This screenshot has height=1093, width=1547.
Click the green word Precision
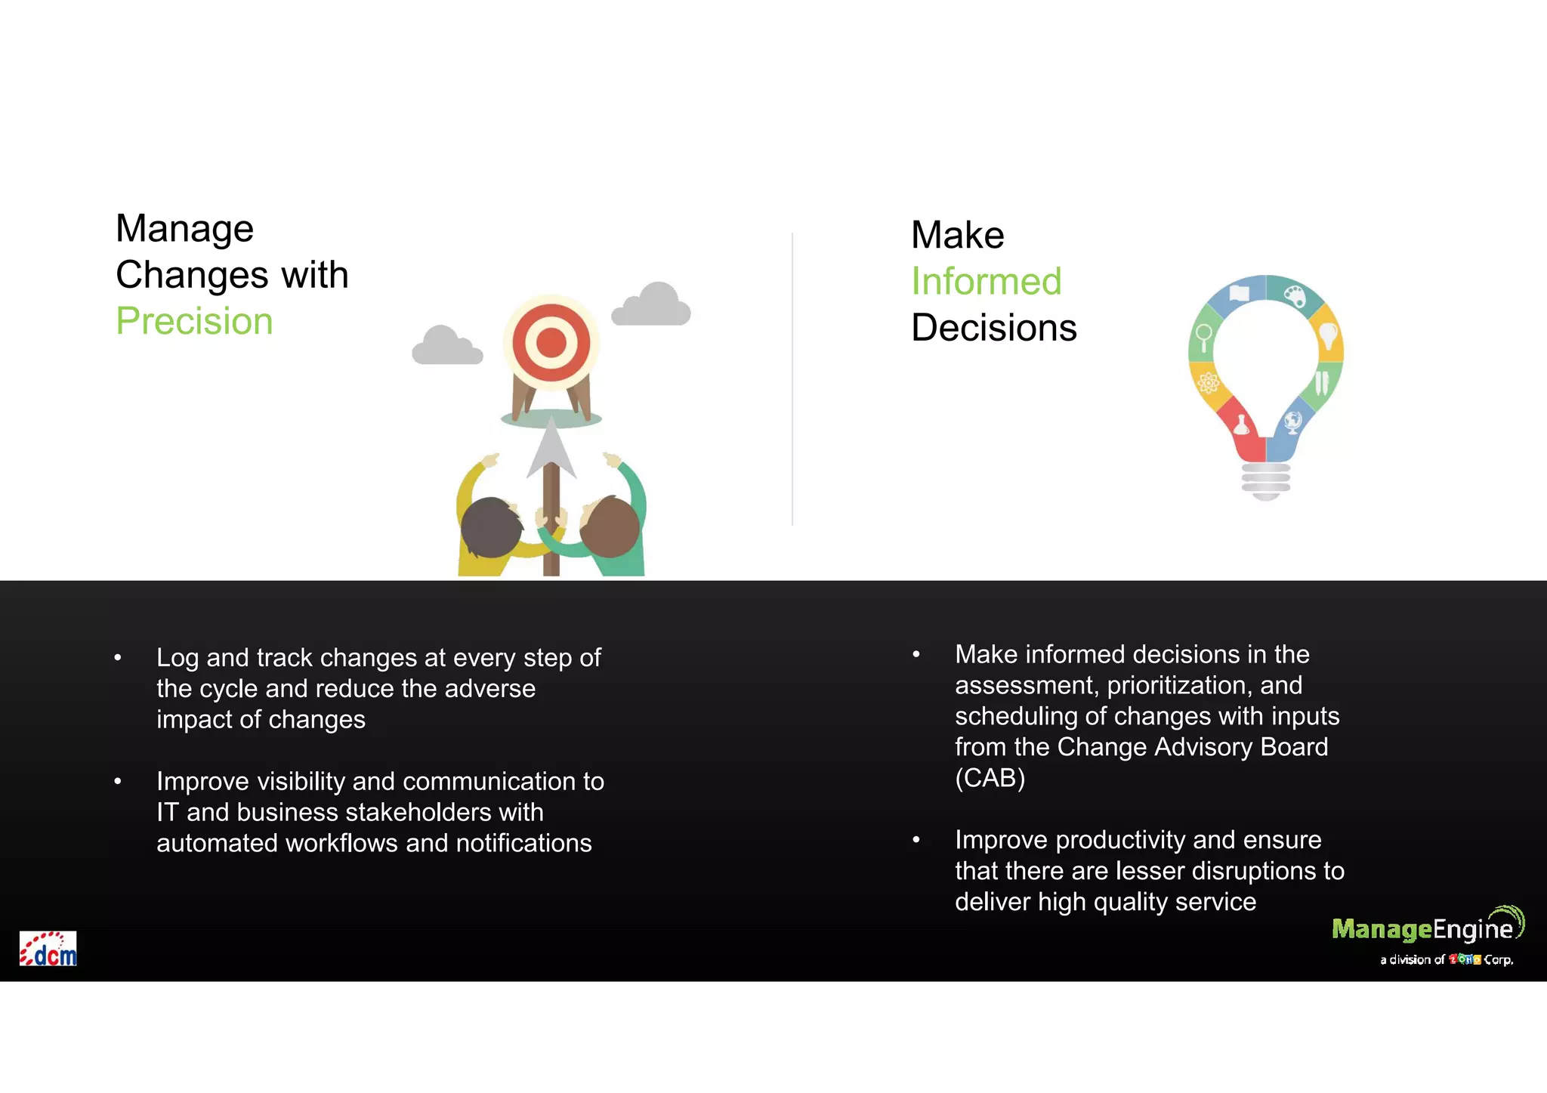coord(194,321)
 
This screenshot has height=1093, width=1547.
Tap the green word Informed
coord(986,282)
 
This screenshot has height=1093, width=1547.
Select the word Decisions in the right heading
coord(993,328)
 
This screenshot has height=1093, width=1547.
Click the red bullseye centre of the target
coord(551,342)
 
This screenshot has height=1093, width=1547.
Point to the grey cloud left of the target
coord(446,347)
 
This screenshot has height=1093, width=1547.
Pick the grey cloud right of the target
coord(652,305)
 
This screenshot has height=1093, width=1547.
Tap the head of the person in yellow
coord(491,526)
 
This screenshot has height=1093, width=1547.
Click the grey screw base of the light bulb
coord(1266,480)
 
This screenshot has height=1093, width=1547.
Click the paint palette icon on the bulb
coord(1295,295)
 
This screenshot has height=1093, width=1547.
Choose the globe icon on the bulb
coord(1292,421)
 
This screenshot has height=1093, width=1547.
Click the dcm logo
coord(48,949)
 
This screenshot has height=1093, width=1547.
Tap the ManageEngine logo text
coord(1422,929)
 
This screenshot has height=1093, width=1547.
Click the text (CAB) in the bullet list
coord(990,778)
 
